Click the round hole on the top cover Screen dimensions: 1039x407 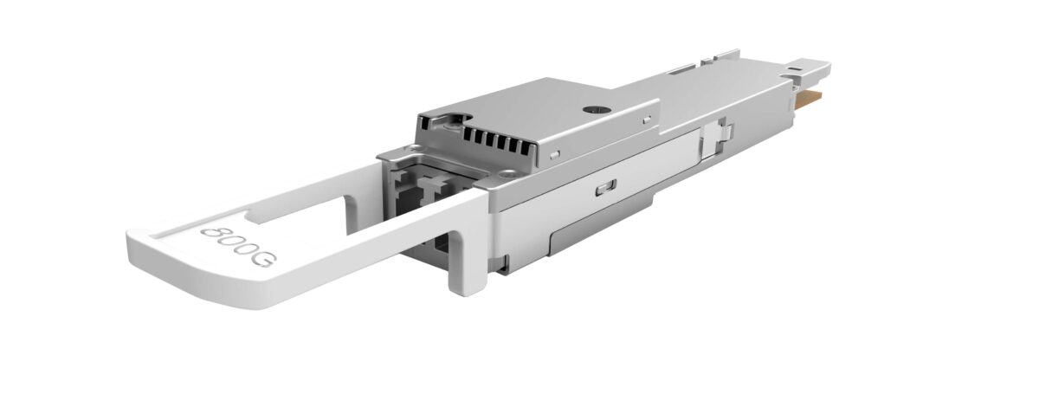tap(596, 110)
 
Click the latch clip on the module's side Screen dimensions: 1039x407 tap(716, 139)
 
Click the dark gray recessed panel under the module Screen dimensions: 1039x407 tap(601, 224)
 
